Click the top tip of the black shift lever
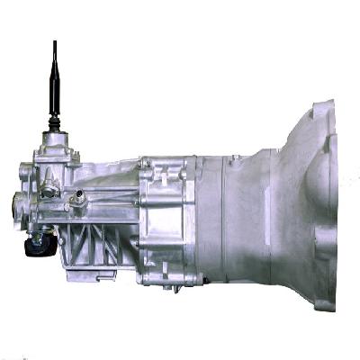point(55,42)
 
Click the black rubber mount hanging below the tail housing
point(38,243)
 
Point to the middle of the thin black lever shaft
point(55,81)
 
